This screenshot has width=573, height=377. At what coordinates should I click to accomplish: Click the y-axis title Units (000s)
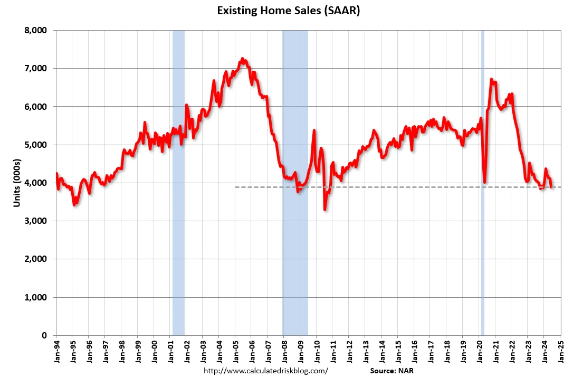[x=17, y=182]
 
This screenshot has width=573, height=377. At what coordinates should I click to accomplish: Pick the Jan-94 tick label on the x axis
[x=56, y=351]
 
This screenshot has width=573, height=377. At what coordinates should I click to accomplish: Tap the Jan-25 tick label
[x=560, y=351]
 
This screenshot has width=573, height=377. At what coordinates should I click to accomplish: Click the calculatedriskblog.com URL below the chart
[x=266, y=371]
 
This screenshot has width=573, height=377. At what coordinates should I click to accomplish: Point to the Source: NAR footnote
[x=393, y=371]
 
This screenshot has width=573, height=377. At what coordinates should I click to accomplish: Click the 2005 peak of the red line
[x=242, y=59]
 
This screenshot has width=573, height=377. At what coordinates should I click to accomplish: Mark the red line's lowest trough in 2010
[x=325, y=210]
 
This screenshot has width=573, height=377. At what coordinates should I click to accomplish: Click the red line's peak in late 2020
[x=491, y=79]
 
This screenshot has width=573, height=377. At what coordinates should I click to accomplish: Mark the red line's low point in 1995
[x=75, y=204]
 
